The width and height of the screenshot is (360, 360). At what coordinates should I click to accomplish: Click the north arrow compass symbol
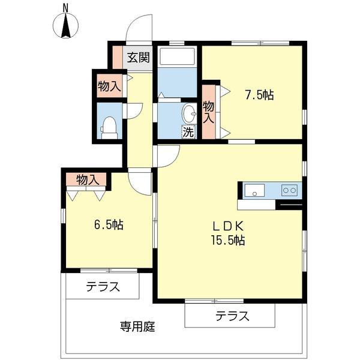[65, 23]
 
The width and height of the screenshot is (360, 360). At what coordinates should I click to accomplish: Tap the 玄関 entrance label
[137, 58]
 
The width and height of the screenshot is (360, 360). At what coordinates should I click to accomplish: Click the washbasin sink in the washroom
[189, 113]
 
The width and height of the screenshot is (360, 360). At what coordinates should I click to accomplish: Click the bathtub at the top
[178, 57]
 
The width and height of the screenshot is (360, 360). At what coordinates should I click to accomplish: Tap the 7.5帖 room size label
[259, 95]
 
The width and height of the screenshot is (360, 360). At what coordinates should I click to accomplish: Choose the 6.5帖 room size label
[109, 225]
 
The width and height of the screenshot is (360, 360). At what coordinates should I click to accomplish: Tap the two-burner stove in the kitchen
[290, 190]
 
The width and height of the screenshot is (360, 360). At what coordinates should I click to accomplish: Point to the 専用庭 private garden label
[137, 327]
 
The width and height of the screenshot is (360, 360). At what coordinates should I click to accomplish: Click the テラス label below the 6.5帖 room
[102, 287]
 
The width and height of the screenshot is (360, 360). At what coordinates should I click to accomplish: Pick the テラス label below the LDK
[232, 316]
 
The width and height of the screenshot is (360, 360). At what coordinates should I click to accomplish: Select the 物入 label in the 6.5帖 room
[87, 179]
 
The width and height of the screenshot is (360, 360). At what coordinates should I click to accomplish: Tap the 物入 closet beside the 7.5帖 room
[208, 112]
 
